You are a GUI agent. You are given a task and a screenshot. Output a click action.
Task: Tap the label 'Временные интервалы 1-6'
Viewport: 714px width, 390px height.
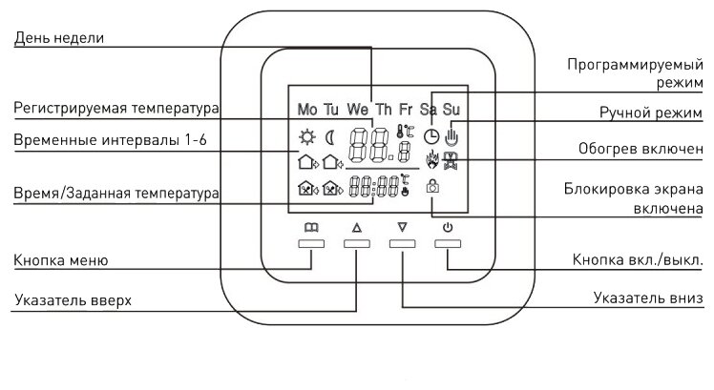click(104, 140)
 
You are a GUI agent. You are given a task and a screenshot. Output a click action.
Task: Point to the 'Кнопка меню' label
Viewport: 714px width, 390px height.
click(60, 260)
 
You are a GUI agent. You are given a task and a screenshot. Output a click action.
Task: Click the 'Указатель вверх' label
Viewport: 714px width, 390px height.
click(72, 301)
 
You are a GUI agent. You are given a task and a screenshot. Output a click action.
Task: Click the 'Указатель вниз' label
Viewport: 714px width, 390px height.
click(648, 298)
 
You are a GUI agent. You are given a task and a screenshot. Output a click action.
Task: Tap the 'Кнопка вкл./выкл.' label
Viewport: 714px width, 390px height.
click(638, 259)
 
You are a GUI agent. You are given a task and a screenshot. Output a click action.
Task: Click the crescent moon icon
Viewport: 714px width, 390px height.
click(330, 135)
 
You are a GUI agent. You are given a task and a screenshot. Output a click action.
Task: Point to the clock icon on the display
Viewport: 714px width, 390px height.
click(431, 135)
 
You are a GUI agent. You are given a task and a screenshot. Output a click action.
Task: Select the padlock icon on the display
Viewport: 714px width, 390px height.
click(432, 187)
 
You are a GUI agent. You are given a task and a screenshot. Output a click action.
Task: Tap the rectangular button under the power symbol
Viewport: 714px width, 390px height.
click(448, 244)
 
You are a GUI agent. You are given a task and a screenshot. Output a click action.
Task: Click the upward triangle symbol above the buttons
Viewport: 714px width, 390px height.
click(357, 228)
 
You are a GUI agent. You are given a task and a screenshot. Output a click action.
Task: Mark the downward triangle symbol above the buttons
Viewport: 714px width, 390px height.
click(402, 228)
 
